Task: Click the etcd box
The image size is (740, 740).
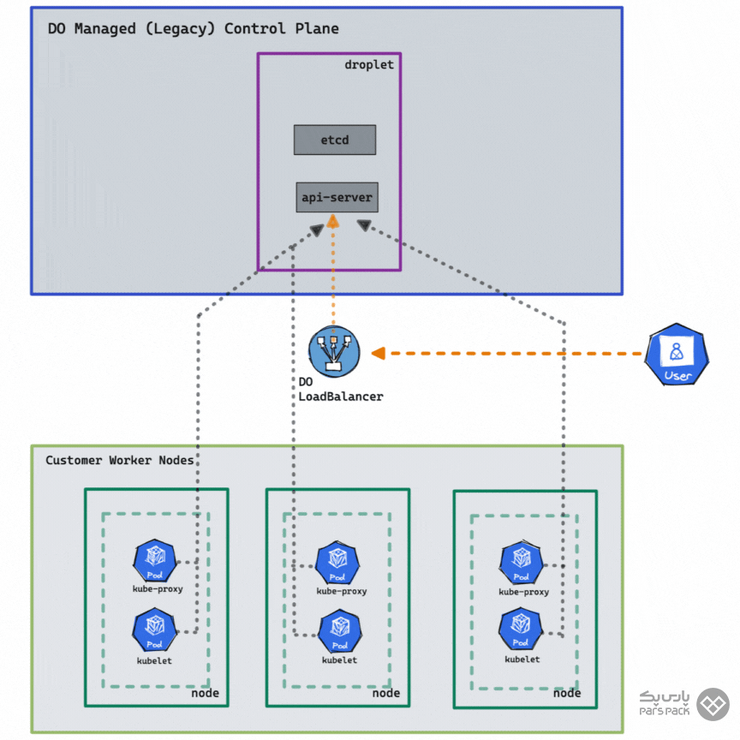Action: [x=334, y=140]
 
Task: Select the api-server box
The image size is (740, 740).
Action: [x=337, y=198]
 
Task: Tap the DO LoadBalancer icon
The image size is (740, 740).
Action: [x=334, y=352]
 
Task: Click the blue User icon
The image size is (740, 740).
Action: [x=678, y=354]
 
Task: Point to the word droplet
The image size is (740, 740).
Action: [x=369, y=64]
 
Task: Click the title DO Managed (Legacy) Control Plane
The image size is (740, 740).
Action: [x=193, y=28]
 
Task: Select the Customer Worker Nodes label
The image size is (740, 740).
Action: [x=119, y=461]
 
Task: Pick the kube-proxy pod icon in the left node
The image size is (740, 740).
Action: [x=155, y=562]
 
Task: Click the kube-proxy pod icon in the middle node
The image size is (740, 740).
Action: [x=337, y=563]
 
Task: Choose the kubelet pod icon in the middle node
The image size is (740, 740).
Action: [x=339, y=632]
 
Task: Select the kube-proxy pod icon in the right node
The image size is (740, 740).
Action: [x=522, y=563]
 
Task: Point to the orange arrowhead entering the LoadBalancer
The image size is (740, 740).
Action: [x=378, y=353]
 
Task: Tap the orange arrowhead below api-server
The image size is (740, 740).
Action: [x=333, y=221]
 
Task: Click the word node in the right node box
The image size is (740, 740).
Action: [x=567, y=693]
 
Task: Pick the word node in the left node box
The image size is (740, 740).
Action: [x=205, y=693]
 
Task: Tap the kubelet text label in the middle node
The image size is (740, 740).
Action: [x=339, y=660]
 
